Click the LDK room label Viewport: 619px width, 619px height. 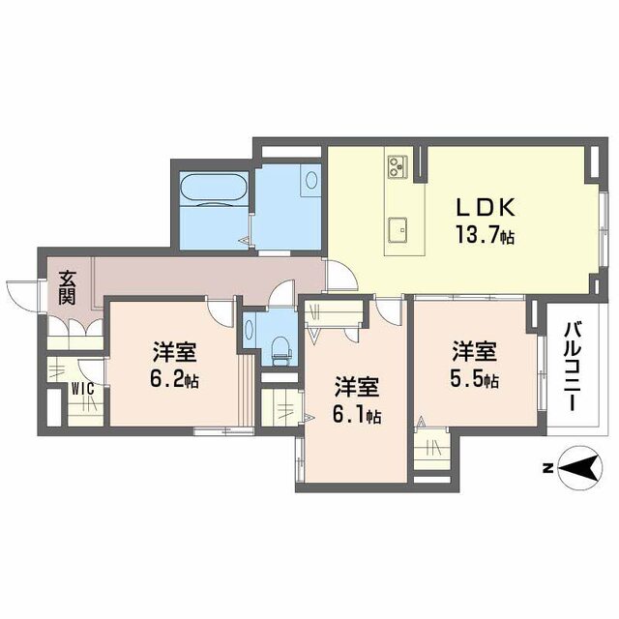click(491, 208)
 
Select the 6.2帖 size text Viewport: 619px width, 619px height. click(173, 380)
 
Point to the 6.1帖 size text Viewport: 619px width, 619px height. click(355, 417)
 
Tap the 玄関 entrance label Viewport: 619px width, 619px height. click(67, 286)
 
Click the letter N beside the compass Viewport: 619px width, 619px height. click(546, 470)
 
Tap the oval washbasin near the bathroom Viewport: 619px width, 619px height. click(310, 179)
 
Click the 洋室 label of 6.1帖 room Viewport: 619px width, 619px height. click(356, 386)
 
